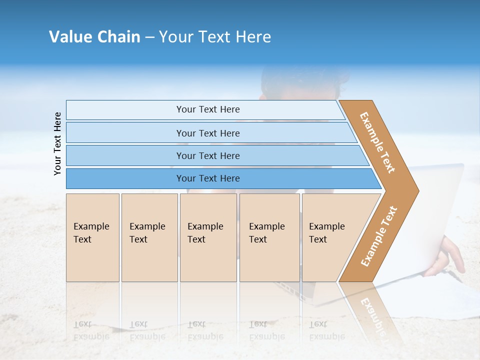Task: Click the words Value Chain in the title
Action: (94, 37)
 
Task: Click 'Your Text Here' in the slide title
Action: (215, 37)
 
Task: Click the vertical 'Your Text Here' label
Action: (57, 143)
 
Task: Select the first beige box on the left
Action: (92, 237)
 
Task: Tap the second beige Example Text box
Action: (149, 237)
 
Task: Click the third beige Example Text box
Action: (208, 237)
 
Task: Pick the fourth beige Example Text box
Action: (269, 237)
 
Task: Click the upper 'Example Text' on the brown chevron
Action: (377, 142)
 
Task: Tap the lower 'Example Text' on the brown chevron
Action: (379, 236)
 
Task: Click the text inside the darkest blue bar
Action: (208, 178)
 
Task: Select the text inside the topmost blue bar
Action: (208, 109)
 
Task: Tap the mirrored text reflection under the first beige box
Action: (91, 330)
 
